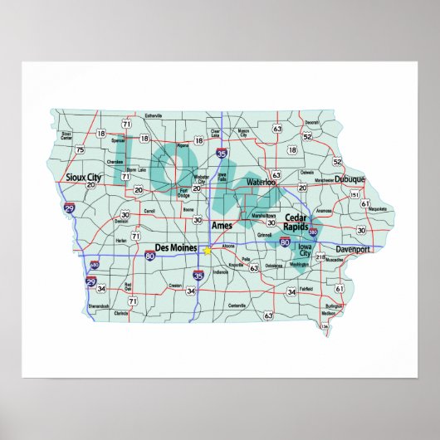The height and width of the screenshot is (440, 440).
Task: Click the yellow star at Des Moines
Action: click(x=207, y=248)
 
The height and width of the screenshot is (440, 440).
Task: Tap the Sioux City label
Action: click(x=83, y=178)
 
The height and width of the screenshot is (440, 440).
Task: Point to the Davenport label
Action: click(x=356, y=249)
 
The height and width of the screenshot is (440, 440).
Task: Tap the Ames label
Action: click(x=222, y=225)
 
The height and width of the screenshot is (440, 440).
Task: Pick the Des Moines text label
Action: click(x=176, y=248)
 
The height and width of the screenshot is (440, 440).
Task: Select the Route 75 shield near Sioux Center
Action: click(x=80, y=150)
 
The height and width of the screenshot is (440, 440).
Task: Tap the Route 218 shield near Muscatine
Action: click(x=320, y=259)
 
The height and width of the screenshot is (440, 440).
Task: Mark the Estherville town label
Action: click(x=154, y=115)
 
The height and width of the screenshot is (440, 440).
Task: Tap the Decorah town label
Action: click(x=312, y=122)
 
